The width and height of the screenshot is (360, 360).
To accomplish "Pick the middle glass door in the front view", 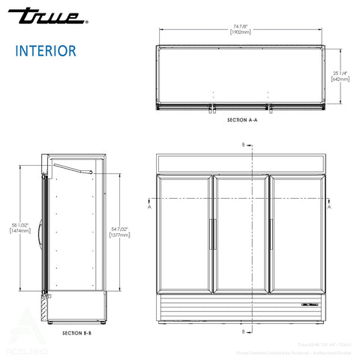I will tap(241, 232).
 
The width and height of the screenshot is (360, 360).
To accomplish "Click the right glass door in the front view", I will tap(298, 232).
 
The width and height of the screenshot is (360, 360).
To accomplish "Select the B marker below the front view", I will tap(242, 330).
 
